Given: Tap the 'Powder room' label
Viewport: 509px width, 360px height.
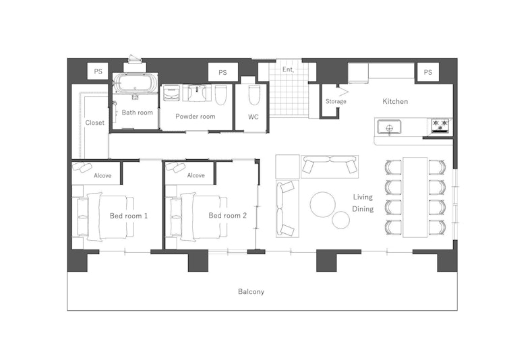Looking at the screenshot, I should coord(195,117).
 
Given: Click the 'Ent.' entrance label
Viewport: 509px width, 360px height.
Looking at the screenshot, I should coord(288,69).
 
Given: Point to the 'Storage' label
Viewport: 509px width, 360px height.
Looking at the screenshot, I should coord(336,102).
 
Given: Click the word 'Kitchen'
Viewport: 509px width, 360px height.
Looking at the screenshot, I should coord(395,102).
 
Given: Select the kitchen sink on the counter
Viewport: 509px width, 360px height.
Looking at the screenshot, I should coord(389,126).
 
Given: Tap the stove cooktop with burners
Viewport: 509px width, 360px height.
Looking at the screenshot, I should coord(440,125).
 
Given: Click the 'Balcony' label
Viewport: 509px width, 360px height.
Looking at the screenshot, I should coord(251,292).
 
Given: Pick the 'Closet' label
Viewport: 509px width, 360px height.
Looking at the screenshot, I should coord(95,123).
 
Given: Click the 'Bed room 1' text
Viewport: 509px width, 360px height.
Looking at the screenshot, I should coord(129,216).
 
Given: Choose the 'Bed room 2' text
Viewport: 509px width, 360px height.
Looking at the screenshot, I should coord(227,216).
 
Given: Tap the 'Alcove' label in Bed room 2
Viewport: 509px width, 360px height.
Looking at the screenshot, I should coord(196,175).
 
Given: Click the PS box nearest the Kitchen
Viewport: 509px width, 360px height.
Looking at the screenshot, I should coord(427,72).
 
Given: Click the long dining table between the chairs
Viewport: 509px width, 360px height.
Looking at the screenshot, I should coord(415,196).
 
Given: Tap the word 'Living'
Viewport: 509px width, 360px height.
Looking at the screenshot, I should coord(363,197).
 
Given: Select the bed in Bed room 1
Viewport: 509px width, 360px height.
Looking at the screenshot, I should coord(108,216).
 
